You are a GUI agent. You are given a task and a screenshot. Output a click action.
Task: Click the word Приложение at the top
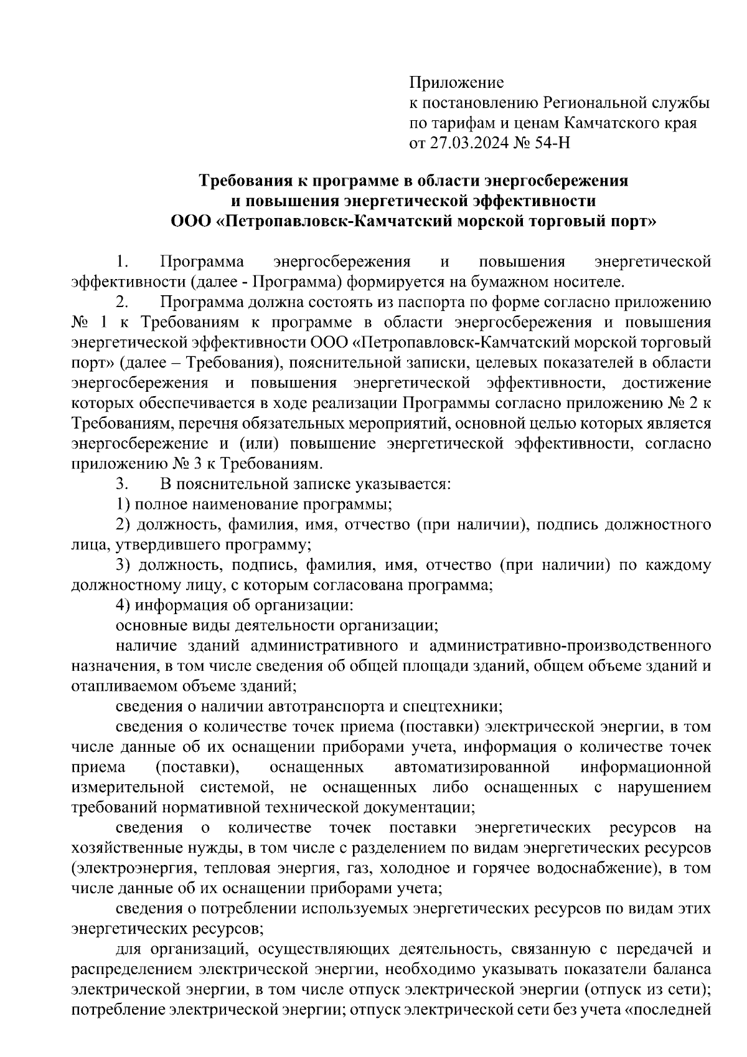click(456, 82)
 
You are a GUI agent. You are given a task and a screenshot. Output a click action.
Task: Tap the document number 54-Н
click(552, 143)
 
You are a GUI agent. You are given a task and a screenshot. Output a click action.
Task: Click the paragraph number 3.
click(122, 483)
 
